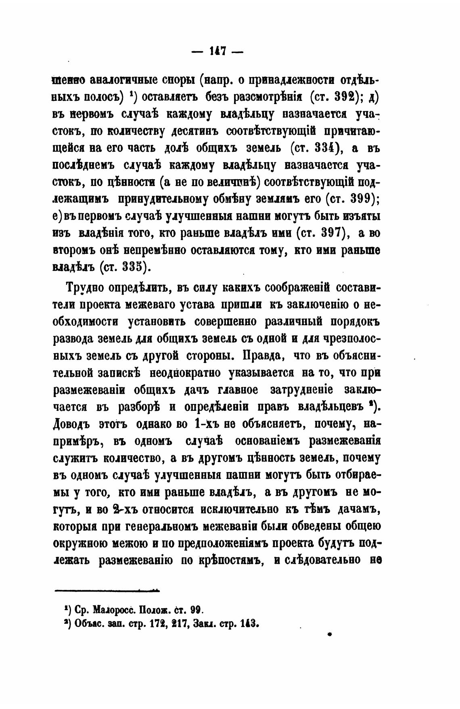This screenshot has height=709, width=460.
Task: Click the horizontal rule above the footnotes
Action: pos(107,591)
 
